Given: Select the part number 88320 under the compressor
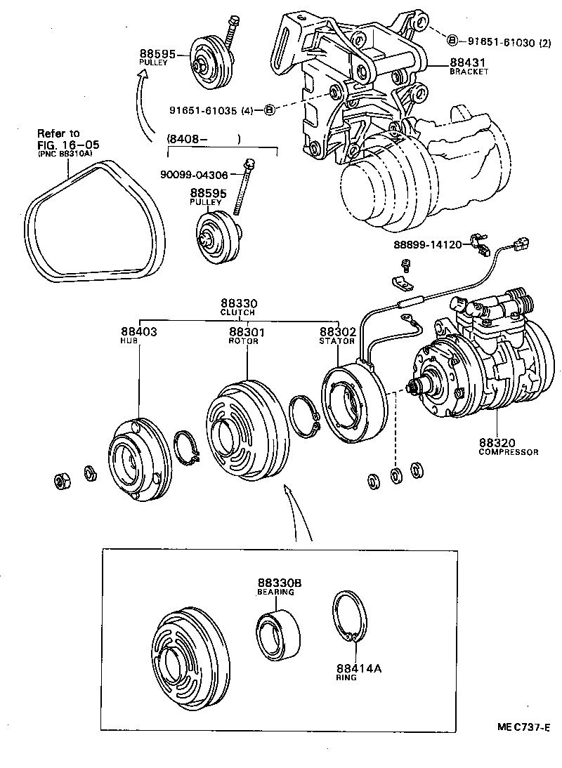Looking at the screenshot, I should point(498,443).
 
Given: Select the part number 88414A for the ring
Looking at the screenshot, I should point(358,669).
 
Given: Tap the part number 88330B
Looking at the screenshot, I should point(279,583).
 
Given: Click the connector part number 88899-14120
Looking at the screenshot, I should point(427,245).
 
